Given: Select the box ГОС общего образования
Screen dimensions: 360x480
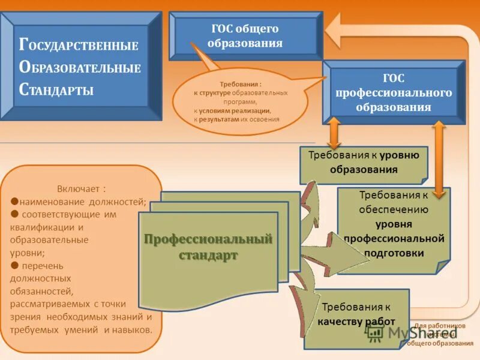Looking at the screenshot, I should (x=245, y=36).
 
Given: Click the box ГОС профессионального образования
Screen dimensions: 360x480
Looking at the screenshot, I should (x=394, y=93).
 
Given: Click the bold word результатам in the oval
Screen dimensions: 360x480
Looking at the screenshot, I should (x=219, y=119).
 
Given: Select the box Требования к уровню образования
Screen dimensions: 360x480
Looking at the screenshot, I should (x=364, y=162).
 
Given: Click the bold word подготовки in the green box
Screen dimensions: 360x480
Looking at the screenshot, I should (x=394, y=253).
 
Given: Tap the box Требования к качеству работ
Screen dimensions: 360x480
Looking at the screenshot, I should (x=356, y=314).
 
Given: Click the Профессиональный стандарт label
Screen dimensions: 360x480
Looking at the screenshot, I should (x=208, y=247).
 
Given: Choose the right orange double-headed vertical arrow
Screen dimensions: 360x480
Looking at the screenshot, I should (x=439, y=159).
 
